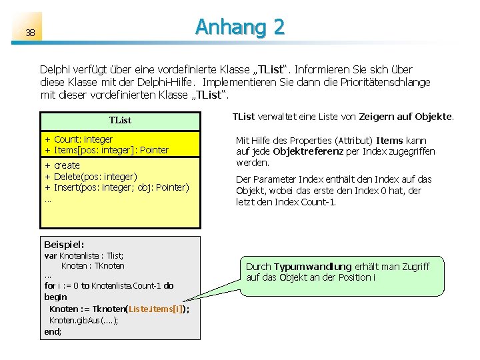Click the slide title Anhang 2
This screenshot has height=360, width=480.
click(x=239, y=27)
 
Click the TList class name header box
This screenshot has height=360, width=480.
click(x=120, y=120)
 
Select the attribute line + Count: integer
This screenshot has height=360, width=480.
click(x=79, y=139)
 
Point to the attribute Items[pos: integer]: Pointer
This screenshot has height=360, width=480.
click(x=111, y=150)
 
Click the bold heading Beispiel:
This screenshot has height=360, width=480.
click(x=64, y=245)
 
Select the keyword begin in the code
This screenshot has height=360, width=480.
click(x=55, y=297)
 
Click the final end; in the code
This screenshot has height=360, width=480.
click(x=53, y=331)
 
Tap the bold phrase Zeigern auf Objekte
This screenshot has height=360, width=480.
click(x=405, y=117)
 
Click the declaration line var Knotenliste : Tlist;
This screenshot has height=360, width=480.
click(x=84, y=255)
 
